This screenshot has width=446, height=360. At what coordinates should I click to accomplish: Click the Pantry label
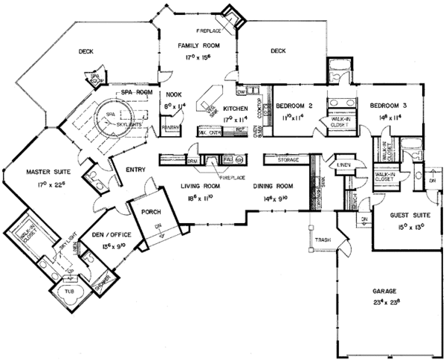(x=172, y=128)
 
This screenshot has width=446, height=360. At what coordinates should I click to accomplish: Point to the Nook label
(x=174, y=95)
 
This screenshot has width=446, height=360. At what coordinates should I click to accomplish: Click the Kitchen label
(x=225, y=108)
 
